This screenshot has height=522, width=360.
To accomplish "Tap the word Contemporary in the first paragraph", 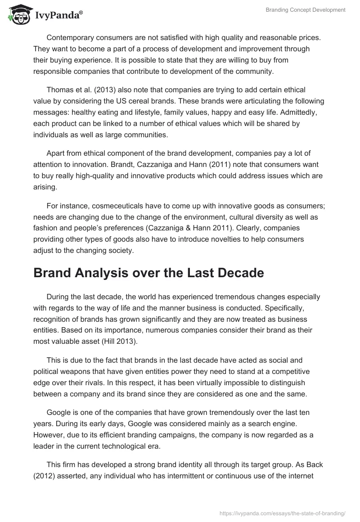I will click(70, 37).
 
